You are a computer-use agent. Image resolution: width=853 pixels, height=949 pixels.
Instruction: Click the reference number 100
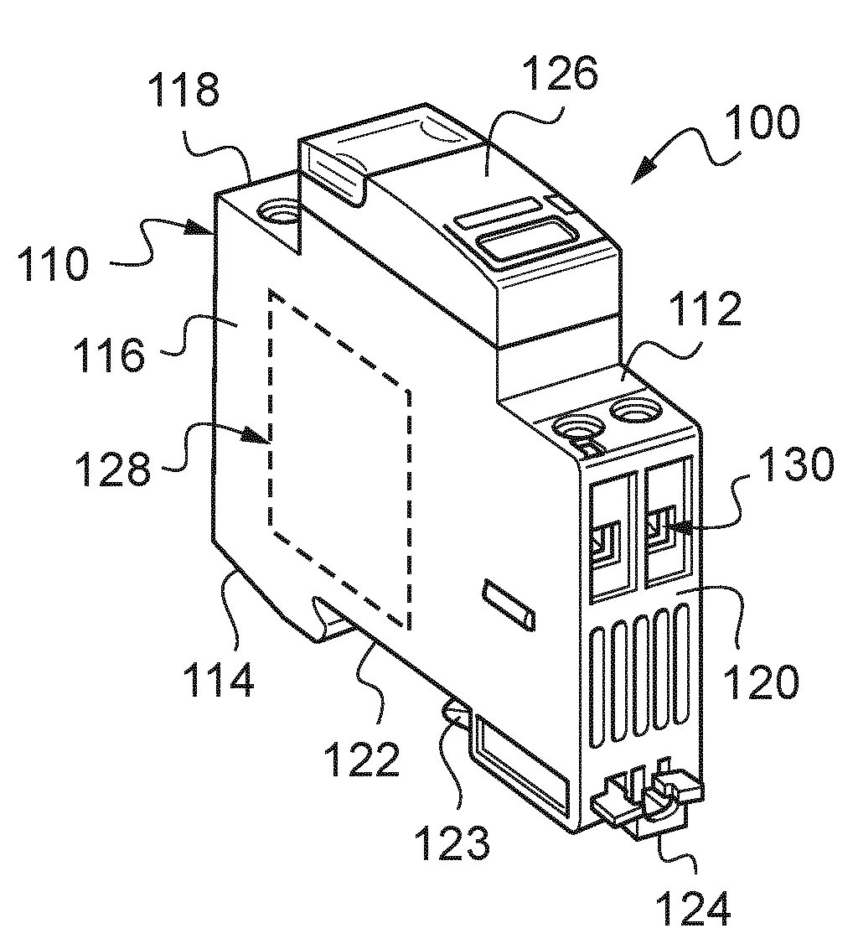762,123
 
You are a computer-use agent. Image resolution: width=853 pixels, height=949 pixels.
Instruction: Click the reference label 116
109,355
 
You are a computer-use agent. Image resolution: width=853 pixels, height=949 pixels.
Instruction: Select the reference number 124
693,909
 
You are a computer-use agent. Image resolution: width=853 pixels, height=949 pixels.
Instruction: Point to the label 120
760,682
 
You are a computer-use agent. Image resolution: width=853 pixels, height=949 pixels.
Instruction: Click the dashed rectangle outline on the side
270,402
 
